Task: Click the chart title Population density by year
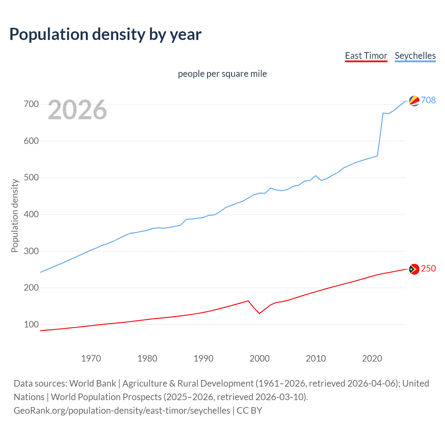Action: [105, 34]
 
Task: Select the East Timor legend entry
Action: [366, 56]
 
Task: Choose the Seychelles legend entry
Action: [415, 56]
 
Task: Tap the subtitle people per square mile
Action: [222, 74]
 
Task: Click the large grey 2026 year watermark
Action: [77, 110]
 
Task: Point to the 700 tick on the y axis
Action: [31, 104]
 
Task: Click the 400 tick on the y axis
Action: [31, 214]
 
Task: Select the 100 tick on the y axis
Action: [31, 324]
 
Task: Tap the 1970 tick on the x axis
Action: [91, 358]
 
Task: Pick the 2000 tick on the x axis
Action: [259, 358]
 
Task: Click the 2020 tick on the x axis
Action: [372, 358]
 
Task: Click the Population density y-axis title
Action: [15, 216]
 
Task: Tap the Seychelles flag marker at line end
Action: [414, 100]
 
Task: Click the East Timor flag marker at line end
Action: [414, 269]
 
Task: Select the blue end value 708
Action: [428, 100]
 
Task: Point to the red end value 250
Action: [428, 268]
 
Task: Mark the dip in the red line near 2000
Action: [259, 313]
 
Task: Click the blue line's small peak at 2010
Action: [315, 176]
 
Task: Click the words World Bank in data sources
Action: [92, 383]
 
